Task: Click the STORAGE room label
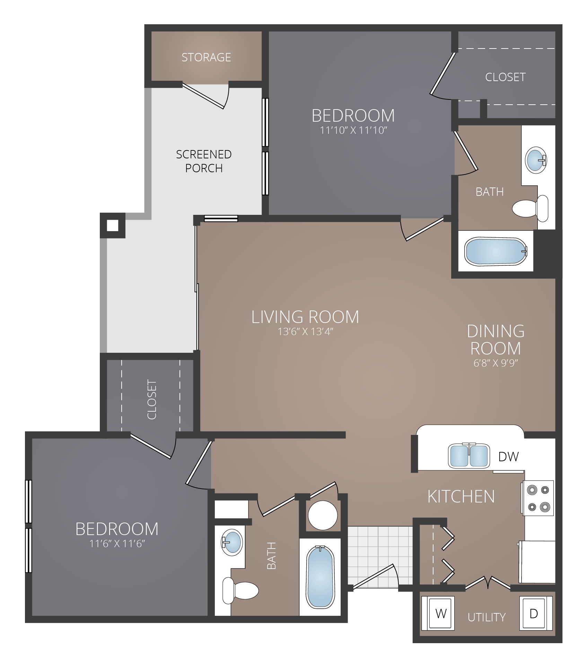206,57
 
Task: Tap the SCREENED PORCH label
204,161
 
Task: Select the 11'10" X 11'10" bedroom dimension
353,131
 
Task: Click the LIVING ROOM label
305,317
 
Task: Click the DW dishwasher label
508,457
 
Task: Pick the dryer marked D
534,614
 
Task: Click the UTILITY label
487,617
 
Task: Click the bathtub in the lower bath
320,577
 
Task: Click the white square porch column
113,226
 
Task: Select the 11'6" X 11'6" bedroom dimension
117,544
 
